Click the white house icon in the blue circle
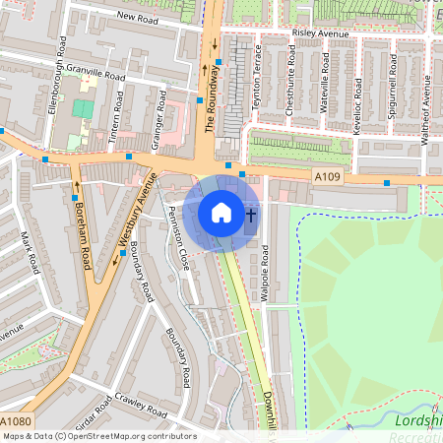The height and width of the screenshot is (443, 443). tap(221, 213)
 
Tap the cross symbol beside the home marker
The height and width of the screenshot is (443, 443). tap(250, 214)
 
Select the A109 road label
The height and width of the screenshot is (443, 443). tap(329, 175)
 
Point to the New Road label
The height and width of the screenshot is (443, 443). tap(137, 17)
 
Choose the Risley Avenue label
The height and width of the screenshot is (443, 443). tap(320, 32)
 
